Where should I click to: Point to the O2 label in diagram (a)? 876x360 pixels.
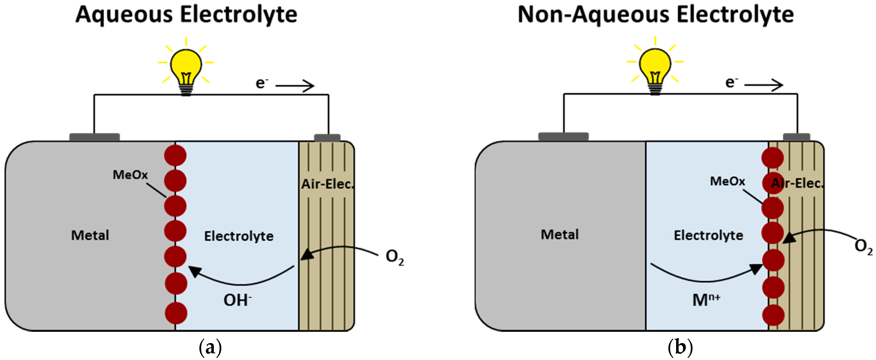(395, 257)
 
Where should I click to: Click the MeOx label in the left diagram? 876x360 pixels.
(130, 175)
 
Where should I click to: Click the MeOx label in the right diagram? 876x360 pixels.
(727, 181)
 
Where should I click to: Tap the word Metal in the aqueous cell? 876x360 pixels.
(90, 235)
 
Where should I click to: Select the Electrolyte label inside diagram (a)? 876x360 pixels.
(239, 236)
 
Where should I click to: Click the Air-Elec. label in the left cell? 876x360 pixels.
(327, 184)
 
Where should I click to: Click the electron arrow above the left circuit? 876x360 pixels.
(294, 86)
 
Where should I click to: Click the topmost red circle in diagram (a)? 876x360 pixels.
(175, 155)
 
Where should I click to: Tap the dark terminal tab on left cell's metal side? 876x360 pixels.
(95, 137)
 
